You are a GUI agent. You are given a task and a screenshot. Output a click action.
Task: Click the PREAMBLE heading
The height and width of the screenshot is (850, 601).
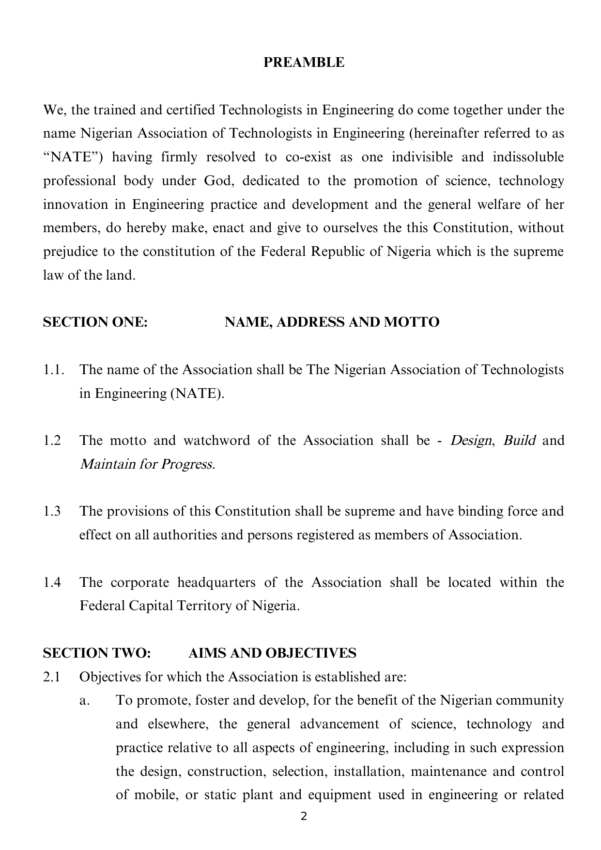304,63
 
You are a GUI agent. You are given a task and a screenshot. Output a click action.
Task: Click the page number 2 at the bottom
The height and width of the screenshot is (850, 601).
304,817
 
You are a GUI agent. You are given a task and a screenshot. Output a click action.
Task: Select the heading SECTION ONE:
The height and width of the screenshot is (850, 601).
95,322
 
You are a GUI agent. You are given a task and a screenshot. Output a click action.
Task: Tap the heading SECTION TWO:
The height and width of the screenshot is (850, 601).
97,653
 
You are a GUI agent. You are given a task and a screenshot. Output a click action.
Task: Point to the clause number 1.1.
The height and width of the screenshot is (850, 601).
54,370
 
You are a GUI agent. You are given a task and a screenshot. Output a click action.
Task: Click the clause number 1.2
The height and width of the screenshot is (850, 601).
52,441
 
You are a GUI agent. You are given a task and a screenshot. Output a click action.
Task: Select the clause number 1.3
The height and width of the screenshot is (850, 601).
52,511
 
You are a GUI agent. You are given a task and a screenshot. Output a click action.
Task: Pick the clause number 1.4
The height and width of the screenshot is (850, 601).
52,582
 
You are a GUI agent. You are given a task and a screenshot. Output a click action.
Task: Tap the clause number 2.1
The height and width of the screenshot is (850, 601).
52,677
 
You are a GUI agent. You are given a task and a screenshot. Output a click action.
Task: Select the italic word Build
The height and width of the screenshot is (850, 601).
519,441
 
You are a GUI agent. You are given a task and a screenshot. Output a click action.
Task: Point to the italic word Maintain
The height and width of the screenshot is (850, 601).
107,464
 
